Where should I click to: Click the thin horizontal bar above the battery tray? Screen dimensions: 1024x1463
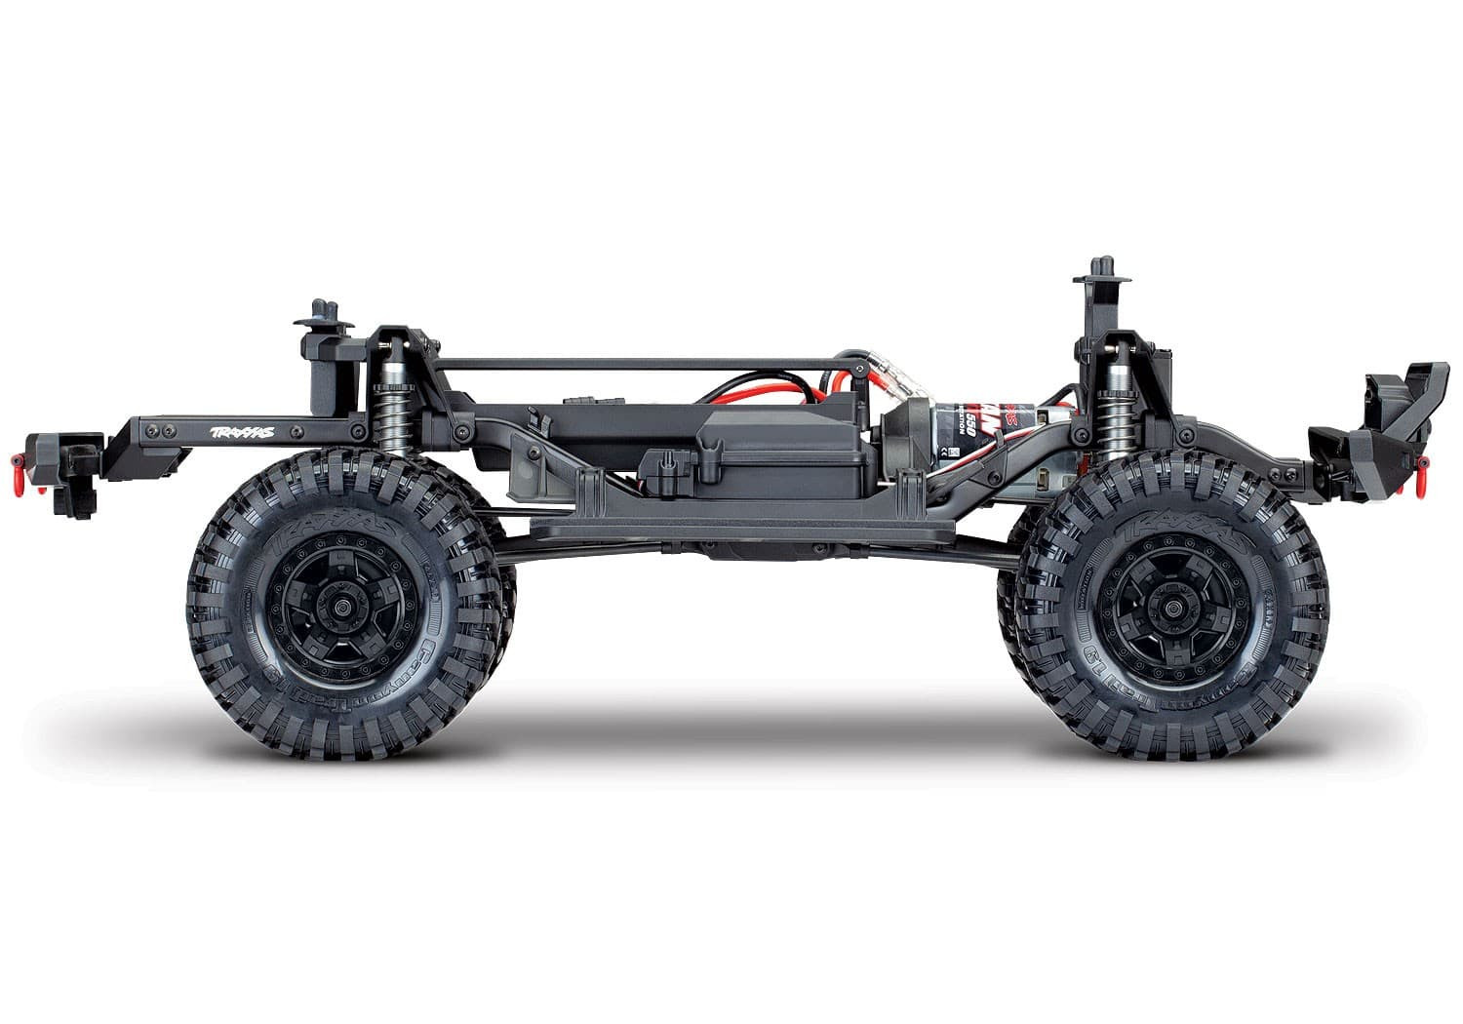click(644, 363)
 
